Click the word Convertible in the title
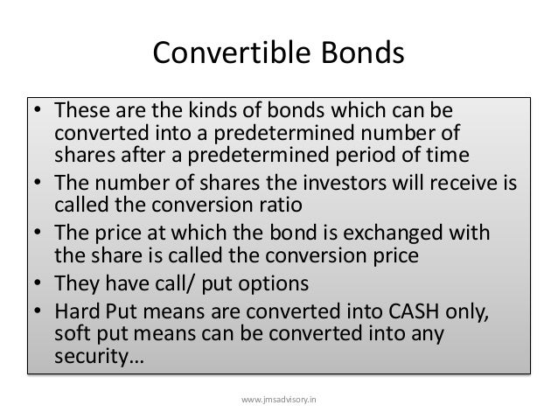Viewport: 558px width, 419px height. (x=225, y=53)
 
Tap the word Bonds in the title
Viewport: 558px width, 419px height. (x=359, y=53)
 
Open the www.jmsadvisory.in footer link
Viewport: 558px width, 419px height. (x=279, y=398)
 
